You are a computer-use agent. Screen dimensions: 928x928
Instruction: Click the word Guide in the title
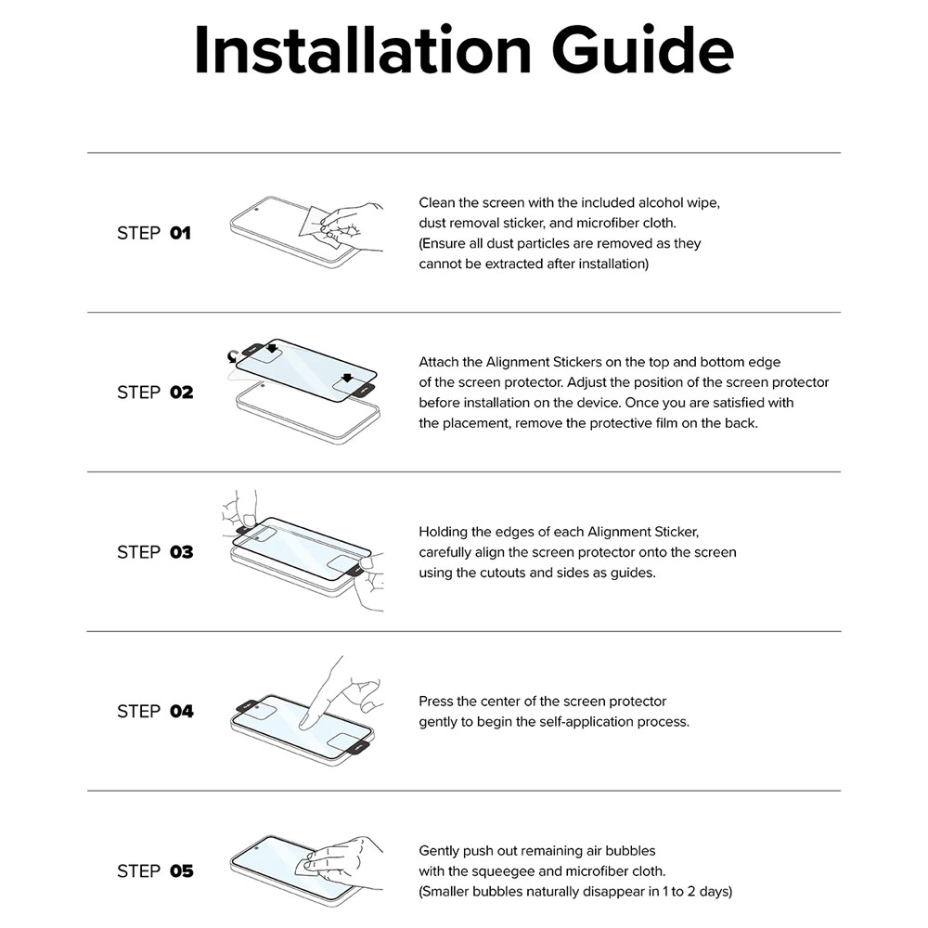coord(643,50)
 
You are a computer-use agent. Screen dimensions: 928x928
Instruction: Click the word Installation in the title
coord(362,50)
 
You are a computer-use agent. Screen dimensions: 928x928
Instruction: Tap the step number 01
coord(181,233)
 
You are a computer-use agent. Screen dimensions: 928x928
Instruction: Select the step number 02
coord(182,393)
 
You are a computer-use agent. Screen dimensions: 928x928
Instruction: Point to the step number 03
coord(182,552)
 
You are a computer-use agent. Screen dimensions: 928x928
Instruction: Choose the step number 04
coord(182,712)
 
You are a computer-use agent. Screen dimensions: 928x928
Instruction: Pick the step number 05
coord(182,871)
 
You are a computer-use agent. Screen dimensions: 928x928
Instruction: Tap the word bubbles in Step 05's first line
coord(631,850)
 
